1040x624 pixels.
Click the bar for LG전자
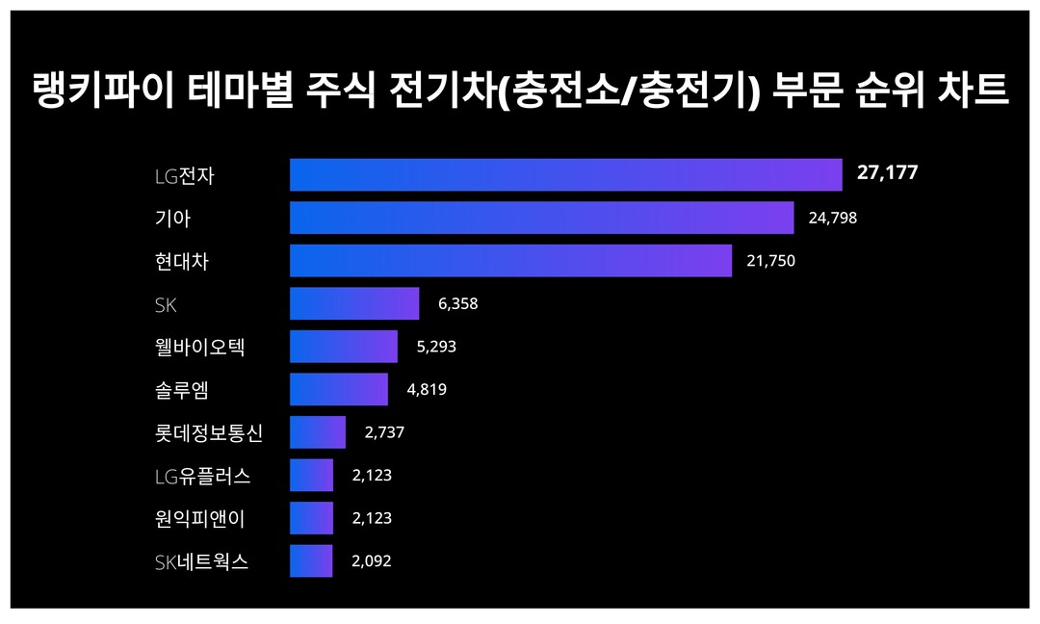point(566,175)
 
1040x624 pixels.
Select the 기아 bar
point(541,218)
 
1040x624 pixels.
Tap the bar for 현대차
point(510,261)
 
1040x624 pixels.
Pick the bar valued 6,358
point(354,303)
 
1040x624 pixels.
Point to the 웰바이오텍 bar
point(344,347)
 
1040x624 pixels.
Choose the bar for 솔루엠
point(339,390)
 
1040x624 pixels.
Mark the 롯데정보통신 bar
point(318,432)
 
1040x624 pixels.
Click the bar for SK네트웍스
point(311,561)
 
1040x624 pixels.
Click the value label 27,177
point(887,173)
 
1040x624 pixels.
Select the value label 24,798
point(832,219)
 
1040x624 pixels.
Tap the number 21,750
point(770,261)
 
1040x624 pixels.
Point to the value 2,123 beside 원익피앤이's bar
point(372,518)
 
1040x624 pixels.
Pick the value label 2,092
point(372,561)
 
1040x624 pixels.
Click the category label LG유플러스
point(202,476)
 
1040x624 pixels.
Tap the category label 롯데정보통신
point(208,433)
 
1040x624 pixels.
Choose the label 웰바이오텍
point(199,347)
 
